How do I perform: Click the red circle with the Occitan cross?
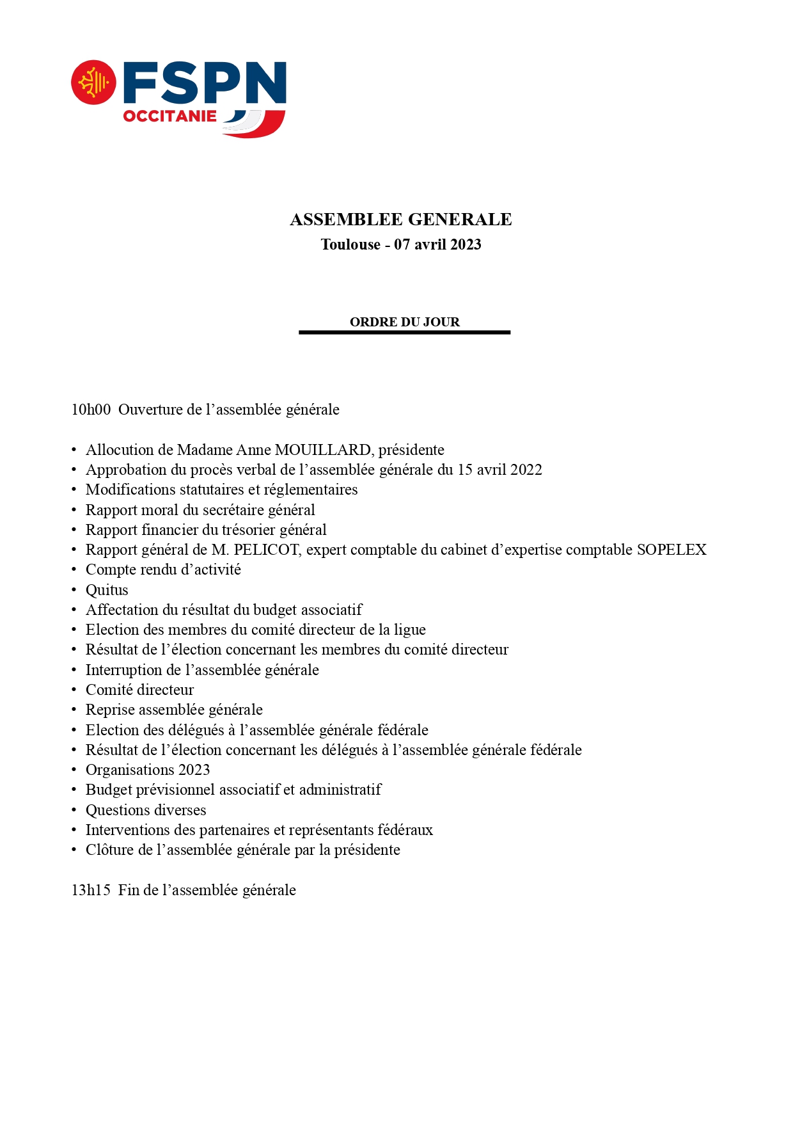[x=93, y=83]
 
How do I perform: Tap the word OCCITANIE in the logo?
[x=169, y=116]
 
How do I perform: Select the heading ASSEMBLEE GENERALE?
[x=400, y=219]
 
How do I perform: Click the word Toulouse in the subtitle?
[x=350, y=244]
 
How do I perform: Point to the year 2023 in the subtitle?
[x=464, y=244]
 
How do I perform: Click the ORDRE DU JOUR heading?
[x=404, y=322]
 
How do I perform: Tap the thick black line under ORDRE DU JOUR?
[x=404, y=332]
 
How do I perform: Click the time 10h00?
[x=91, y=410]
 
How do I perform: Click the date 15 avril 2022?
[x=499, y=470]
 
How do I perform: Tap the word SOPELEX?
[x=671, y=550]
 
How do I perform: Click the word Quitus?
[x=107, y=590]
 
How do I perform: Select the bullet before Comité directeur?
[x=74, y=690]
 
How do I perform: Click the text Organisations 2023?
[x=148, y=770]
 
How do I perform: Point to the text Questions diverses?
[x=146, y=810]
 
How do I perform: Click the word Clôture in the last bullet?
[x=109, y=850]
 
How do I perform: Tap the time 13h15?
[x=91, y=890]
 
